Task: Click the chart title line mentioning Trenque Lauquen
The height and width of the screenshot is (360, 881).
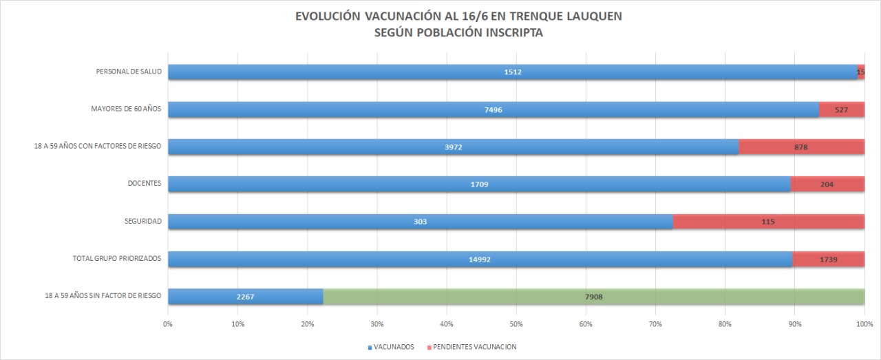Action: click(458, 16)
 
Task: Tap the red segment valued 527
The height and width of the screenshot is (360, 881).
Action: click(841, 109)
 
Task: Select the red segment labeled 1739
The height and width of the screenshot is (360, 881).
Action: click(828, 260)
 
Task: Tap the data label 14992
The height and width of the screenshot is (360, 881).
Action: click(479, 260)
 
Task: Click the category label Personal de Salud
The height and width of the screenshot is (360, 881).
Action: click(129, 72)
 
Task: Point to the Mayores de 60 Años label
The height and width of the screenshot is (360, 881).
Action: click(126, 109)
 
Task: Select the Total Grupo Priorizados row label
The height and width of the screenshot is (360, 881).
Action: click(117, 259)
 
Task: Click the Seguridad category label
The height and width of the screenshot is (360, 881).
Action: click(143, 221)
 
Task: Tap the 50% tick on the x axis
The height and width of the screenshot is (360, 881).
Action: click(516, 324)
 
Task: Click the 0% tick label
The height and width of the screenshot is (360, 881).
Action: click(168, 324)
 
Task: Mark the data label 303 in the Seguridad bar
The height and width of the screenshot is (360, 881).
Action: click(421, 222)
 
